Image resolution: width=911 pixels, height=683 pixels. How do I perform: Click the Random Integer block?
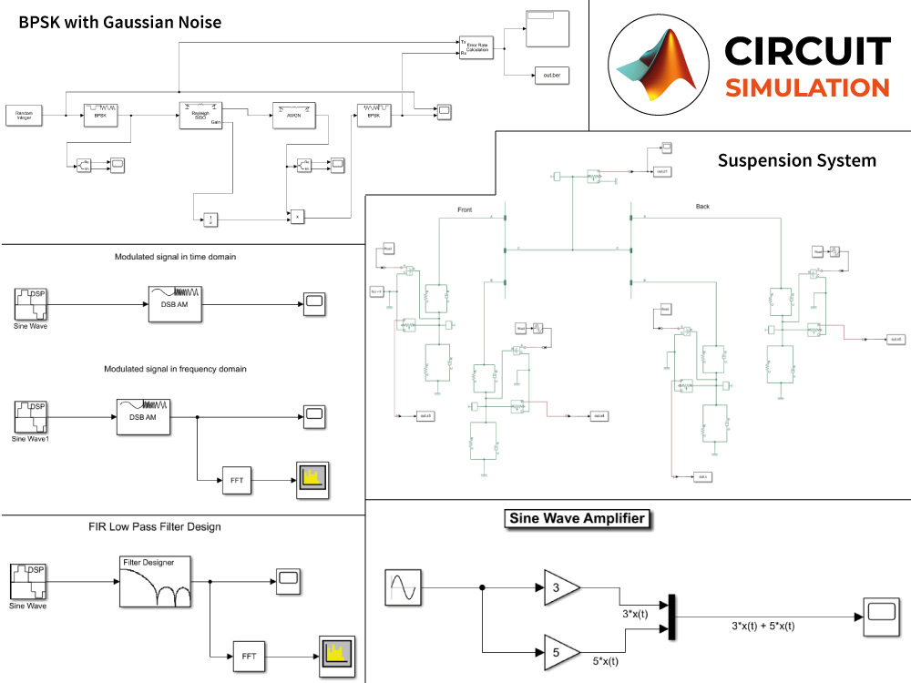(x=23, y=115)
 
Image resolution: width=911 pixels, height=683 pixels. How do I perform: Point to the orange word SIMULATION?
(x=806, y=87)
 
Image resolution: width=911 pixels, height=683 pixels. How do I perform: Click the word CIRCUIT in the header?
(x=806, y=50)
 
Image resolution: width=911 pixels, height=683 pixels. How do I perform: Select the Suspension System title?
(x=796, y=160)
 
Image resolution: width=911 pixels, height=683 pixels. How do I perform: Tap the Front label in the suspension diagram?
(x=465, y=209)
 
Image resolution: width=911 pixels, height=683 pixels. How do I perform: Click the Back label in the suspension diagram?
(x=702, y=207)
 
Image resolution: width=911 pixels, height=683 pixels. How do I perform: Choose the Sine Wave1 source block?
(x=30, y=418)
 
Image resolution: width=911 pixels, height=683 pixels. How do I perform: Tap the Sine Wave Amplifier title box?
(x=577, y=519)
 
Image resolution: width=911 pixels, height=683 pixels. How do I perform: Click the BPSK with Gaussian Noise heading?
(x=120, y=22)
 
